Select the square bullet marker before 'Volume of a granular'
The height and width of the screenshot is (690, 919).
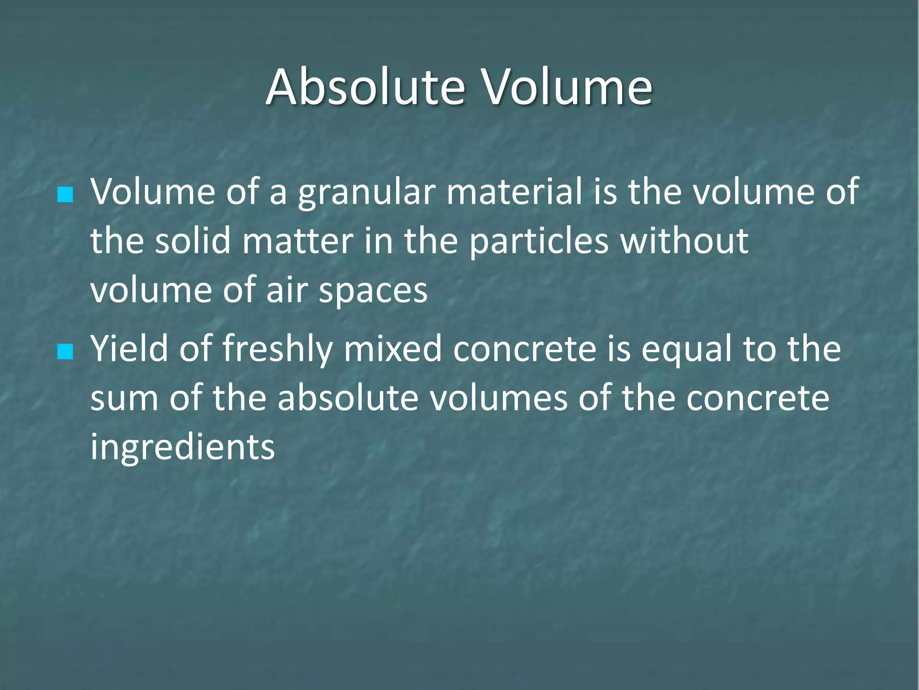click(x=66, y=195)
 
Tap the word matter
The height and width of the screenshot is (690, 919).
click(x=298, y=241)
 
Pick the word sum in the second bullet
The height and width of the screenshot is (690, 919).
click(x=124, y=399)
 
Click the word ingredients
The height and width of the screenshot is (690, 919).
click(x=182, y=448)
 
